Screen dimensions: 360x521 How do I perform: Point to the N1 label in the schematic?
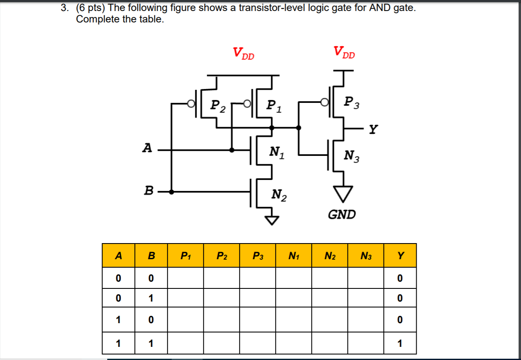(x=277, y=152)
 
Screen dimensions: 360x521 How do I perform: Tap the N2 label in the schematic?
(x=279, y=195)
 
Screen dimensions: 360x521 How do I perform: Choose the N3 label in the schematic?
(x=352, y=156)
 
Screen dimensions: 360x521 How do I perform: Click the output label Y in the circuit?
(x=373, y=129)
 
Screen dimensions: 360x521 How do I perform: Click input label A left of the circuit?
(x=147, y=148)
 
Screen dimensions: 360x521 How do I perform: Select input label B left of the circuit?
(x=148, y=191)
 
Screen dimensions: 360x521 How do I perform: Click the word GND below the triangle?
(x=342, y=215)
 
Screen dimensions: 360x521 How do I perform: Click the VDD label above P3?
(x=344, y=53)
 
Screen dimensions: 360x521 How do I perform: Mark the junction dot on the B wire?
(x=171, y=191)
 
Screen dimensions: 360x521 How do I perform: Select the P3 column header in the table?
(x=257, y=256)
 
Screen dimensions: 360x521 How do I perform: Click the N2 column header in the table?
(x=329, y=256)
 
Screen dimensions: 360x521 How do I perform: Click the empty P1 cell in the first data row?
(x=185, y=278)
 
